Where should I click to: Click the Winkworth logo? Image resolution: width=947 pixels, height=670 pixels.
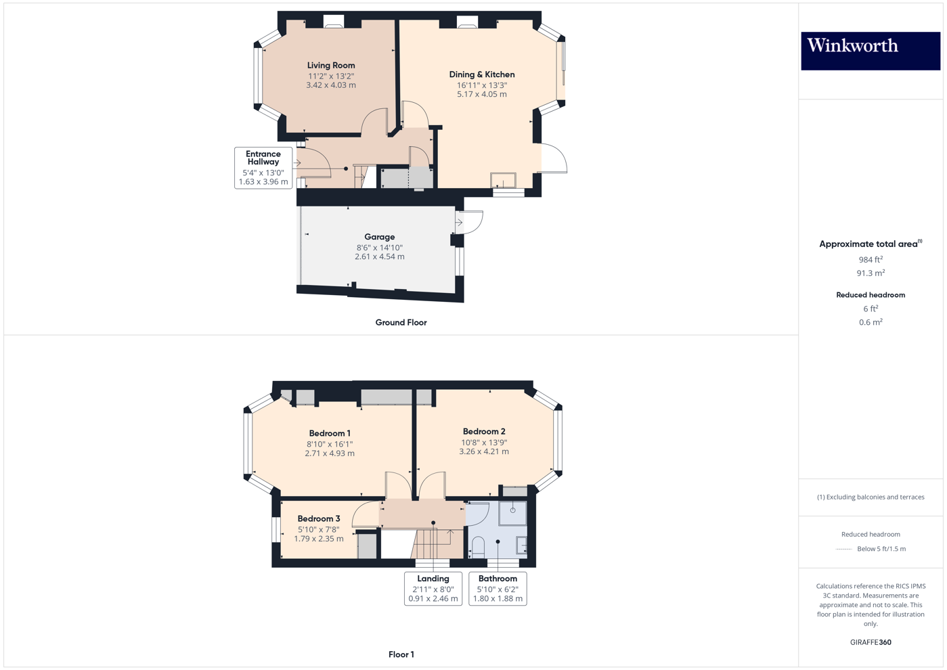870,51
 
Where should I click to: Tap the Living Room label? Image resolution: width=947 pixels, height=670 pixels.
331,66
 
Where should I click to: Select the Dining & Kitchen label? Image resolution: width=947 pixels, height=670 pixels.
482,74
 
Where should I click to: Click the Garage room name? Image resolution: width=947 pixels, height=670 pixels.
380,237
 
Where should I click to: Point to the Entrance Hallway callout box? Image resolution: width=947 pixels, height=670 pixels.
263,168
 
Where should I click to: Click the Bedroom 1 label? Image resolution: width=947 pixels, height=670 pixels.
330,433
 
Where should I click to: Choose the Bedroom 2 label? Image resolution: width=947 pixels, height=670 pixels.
484,431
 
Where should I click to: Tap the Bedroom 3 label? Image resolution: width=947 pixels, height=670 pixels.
319,518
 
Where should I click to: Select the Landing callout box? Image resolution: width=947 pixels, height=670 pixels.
433,588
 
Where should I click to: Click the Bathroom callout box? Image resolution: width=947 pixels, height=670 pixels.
498,588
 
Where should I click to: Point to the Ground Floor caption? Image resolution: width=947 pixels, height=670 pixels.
401,323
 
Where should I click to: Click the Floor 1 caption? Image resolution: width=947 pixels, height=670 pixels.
401,654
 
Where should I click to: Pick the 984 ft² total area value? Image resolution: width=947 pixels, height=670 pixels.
870,260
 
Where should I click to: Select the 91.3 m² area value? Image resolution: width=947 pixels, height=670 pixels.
871,273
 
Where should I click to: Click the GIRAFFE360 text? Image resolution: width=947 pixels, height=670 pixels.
871,642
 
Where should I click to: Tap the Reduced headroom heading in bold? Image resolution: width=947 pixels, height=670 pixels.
871,295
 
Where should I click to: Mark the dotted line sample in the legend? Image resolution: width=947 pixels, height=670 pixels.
843,549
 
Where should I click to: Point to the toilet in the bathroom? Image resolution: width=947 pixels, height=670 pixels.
478,546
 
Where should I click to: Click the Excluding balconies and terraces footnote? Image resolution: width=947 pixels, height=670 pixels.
871,497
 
